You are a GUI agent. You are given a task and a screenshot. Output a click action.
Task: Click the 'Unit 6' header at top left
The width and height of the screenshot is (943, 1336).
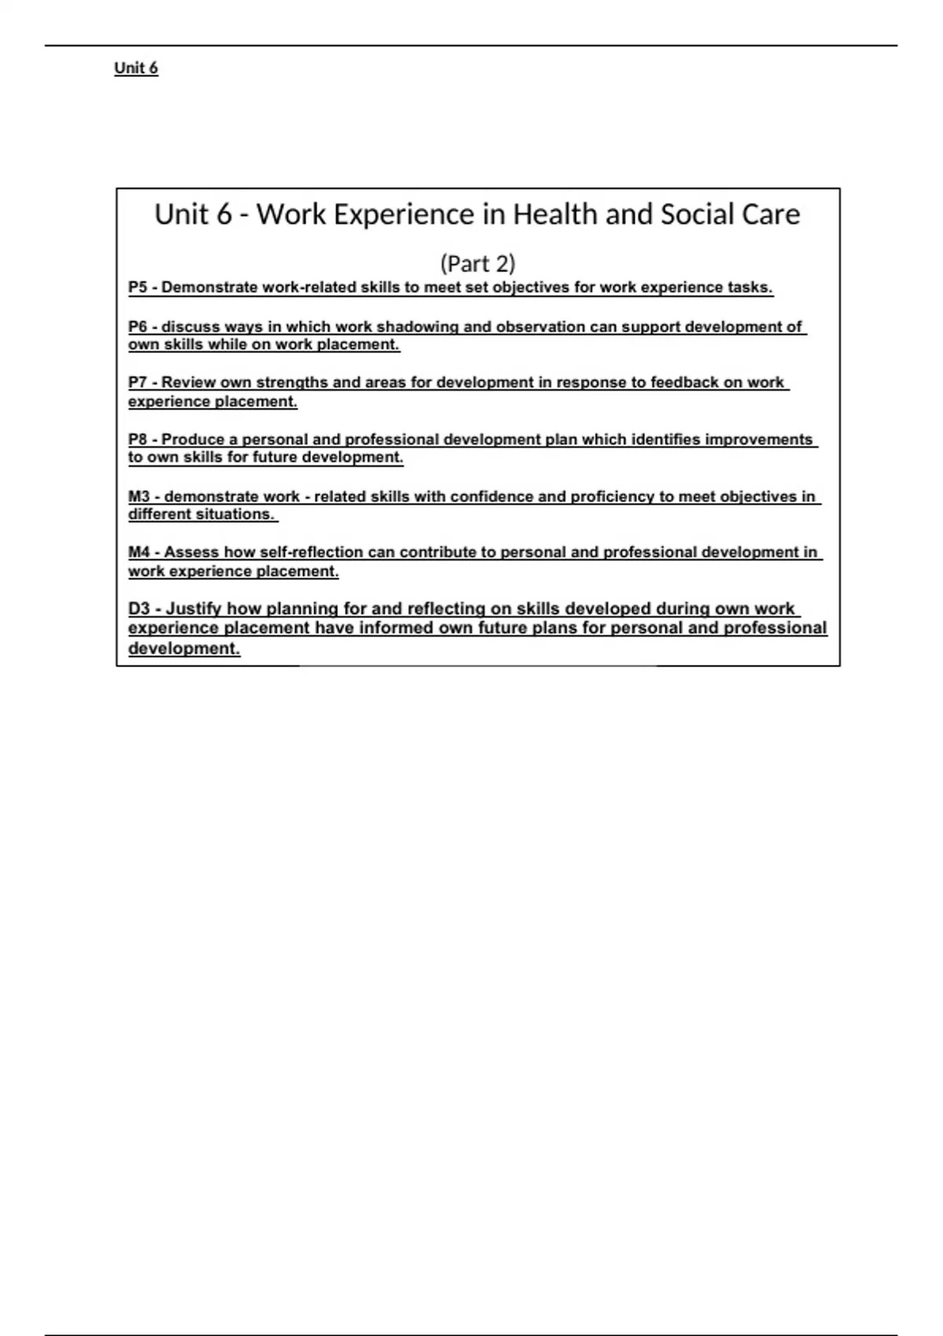click(x=136, y=68)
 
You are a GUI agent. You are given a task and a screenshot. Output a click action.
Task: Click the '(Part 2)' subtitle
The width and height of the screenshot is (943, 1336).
click(x=478, y=263)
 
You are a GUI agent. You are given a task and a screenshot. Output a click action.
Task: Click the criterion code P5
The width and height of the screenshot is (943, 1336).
click(x=138, y=288)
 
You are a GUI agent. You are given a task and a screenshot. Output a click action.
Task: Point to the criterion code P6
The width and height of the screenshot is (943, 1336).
click(x=138, y=327)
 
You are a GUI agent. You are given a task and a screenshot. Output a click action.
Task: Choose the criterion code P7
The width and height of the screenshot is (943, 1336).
click(x=138, y=383)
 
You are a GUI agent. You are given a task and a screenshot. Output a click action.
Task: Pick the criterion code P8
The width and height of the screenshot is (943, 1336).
click(x=138, y=439)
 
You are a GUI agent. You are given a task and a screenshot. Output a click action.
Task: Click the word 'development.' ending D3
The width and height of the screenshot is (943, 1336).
click(x=184, y=649)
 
